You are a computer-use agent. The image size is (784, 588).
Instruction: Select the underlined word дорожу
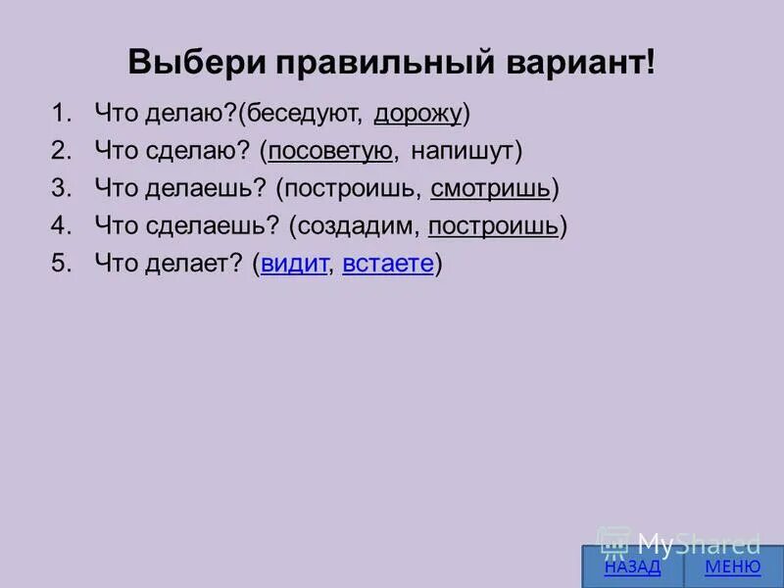(417, 114)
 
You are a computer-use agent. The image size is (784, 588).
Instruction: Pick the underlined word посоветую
(330, 151)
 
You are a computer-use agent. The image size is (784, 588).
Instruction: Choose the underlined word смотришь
(490, 188)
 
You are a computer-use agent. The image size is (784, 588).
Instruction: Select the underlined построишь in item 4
(493, 226)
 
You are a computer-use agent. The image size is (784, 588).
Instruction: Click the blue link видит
(293, 264)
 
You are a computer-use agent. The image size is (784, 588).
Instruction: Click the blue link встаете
(388, 264)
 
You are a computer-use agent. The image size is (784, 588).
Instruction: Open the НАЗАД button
(632, 567)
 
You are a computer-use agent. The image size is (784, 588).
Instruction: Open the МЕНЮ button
(732, 567)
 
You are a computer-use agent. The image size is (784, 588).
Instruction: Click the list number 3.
(61, 188)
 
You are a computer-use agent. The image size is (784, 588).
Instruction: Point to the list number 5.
(61, 264)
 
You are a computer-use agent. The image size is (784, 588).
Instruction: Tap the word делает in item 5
(188, 264)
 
